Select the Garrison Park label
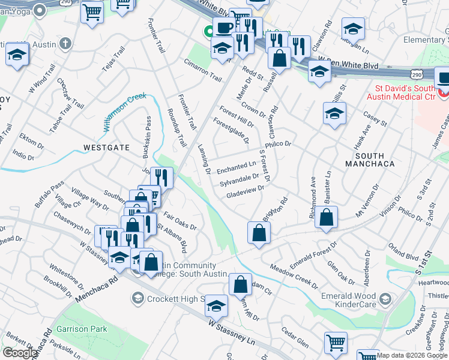[82, 329]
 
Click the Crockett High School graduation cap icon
[137, 298]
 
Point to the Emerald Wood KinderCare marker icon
[385, 299]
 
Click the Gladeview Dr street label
[245, 192]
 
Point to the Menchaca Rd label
[97, 288]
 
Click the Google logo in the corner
[20, 353]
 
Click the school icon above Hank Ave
[334, 113]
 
